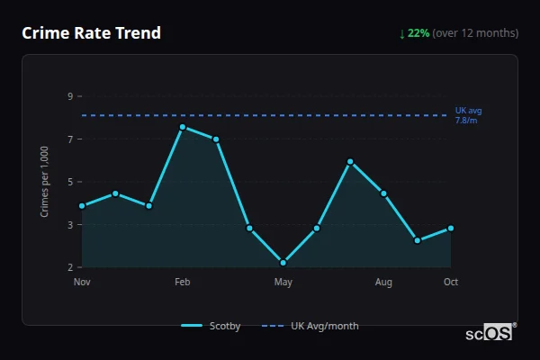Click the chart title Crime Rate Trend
pos(91,33)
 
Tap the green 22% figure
pos(418,33)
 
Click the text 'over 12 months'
pos(475,33)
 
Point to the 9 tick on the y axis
pos(69,96)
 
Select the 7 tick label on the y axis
pos(69,139)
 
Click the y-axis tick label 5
pos(69,182)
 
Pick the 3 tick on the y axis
pos(69,225)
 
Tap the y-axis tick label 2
pos(69,267)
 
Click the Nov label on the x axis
pos(82,283)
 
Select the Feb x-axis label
pos(183,283)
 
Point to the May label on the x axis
pos(283,283)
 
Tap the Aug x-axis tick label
pos(383,283)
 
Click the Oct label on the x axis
pos(451,283)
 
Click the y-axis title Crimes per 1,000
pos(44,181)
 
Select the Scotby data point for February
pos(183,127)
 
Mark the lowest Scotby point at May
pos(283,263)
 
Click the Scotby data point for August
pos(383,193)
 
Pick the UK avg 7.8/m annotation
pos(468,115)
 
